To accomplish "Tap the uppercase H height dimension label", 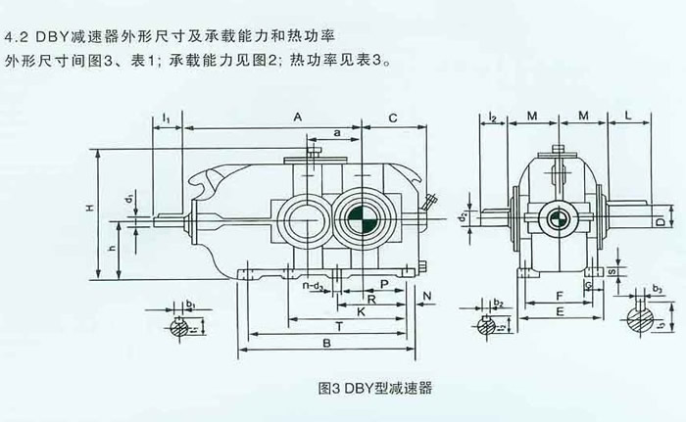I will click(x=88, y=209).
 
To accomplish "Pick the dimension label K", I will click(x=362, y=311).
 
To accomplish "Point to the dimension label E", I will click(x=557, y=311).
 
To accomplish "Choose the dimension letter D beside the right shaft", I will click(x=659, y=223).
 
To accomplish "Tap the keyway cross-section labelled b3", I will click(x=644, y=321).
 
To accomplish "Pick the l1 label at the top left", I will click(x=167, y=118).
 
